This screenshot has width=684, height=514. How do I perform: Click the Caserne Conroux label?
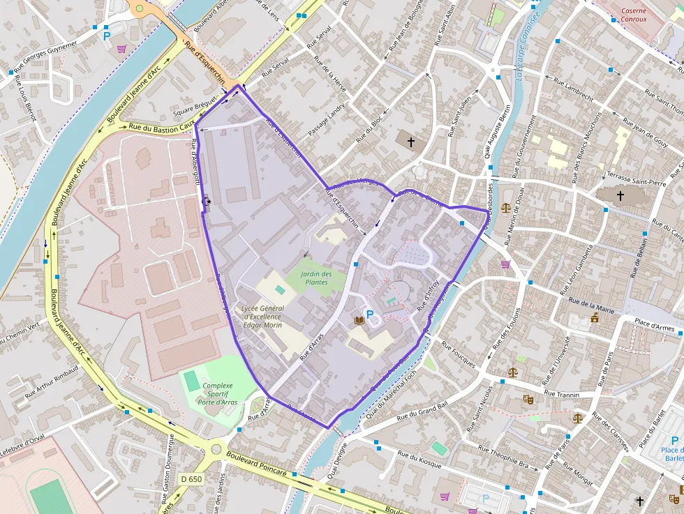tap(633, 15)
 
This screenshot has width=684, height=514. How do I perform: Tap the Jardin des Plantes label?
tap(316, 278)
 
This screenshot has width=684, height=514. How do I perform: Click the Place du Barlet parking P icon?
tap(674, 441)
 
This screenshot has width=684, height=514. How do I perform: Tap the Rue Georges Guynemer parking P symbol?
tap(107, 35)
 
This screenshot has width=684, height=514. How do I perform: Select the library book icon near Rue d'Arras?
tap(359, 320)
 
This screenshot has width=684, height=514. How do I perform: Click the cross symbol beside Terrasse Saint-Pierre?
tap(620, 196)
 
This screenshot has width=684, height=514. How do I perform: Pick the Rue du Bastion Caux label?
tap(161, 126)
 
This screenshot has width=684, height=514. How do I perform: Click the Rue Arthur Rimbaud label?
tap(50, 380)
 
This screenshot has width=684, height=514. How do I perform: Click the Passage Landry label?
tap(327, 119)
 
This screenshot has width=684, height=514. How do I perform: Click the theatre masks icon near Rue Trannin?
tap(528, 400)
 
